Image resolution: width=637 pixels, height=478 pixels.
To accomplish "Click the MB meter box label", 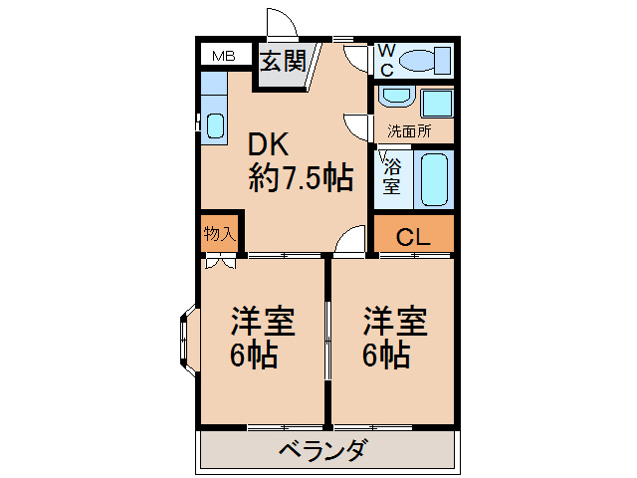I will pyautogui.click(x=223, y=56).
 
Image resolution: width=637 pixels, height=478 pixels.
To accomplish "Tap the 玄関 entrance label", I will pyautogui.click(x=283, y=62).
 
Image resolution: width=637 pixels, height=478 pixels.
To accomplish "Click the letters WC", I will pyautogui.click(x=387, y=60).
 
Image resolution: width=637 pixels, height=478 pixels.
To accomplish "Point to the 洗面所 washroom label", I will pyautogui.click(x=408, y=131).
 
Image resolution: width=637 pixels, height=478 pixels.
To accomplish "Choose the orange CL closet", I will pyautogui.click(x=412, y=237).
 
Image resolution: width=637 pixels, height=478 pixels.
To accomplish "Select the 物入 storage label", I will pyautogui.click(x=219, y=235).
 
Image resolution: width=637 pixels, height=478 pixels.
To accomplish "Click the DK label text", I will pyautogui.click(x=268, y=144).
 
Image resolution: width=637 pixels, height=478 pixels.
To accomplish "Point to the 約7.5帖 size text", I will pyautogui.click(x=301, y=178).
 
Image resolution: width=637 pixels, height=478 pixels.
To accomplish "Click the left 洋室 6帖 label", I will pyautogui.click(x=263, y=339).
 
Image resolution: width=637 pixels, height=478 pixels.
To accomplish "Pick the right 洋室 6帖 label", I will pyautogui.click(x=394, y=339).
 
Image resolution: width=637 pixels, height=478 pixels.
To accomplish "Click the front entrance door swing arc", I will pyautogui.click(x=282, y=24).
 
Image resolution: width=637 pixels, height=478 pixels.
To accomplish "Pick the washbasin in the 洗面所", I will pyautogui.click(x=396, y=98).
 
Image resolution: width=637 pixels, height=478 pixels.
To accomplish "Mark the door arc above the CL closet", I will pyautogui.click(x=350, y=239).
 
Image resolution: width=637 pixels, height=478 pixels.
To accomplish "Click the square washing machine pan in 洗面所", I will pyautogui.click(x=436, y=102).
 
